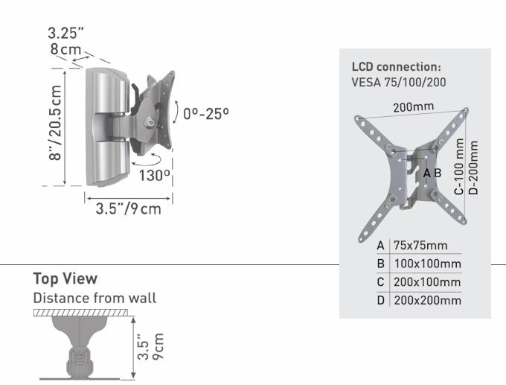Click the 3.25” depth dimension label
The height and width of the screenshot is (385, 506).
65,34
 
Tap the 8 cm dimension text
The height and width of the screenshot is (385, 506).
65,49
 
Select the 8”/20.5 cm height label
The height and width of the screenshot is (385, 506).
55,123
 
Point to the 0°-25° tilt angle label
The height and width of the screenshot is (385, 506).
206,114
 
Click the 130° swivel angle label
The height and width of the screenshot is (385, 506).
154,176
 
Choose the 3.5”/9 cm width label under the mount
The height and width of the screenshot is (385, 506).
128,209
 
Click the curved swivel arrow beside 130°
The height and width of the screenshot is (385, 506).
146,159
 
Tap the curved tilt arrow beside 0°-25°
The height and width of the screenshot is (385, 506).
176,112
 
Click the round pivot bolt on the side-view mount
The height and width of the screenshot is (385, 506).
150,122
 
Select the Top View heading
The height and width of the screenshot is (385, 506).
65,279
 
